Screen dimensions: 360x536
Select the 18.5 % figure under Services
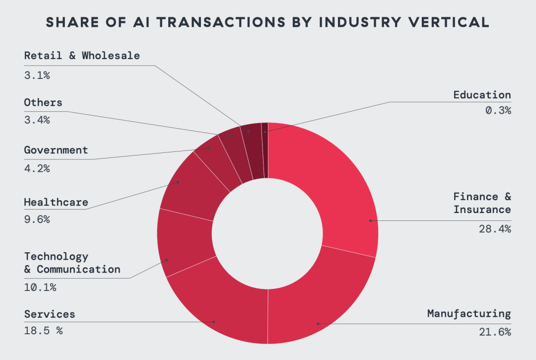pyautogui.click(x=43, y=331)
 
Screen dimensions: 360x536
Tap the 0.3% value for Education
pyautogui.click(x=498, y=110)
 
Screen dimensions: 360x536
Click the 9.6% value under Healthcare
pyautogui.click(x=37, y=219)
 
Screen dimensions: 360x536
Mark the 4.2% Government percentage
pyautogui.click(x=37, y=168)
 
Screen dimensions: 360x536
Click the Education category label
pyautogui.click(x=482, y=94)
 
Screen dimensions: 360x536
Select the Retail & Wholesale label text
pyautogui.click(x=82, y=56)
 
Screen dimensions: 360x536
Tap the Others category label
pyautogui.click(x=43, y=103)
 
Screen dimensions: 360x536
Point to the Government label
pyautogui.click(x=56, y=150)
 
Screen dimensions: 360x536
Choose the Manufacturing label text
pyautogui.click(x=469, y=314)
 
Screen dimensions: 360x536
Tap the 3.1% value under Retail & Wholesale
pyautogui.click(x=37, y=75)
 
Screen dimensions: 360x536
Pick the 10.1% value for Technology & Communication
pyautogui.click(x=40, y=287)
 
